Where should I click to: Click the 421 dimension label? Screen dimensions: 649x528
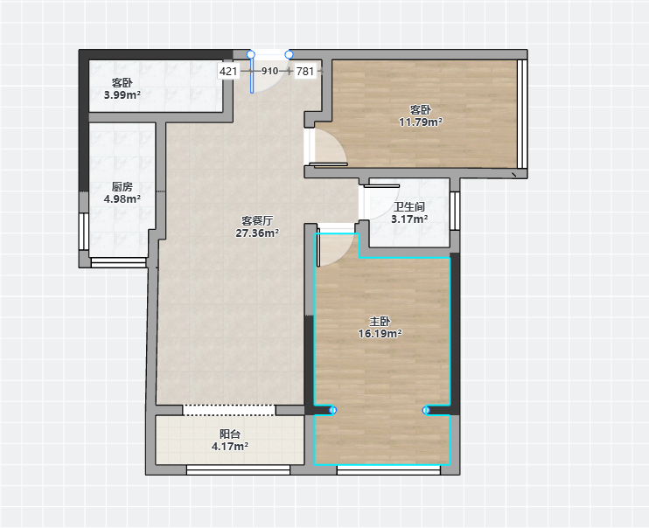[x=228, y=71]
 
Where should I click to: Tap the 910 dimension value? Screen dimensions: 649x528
[x=270, y=71]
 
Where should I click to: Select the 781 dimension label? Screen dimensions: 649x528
[x=305, y=71]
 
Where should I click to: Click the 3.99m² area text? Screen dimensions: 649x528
[x=122, y=94]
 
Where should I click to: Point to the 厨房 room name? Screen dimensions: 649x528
[x=122, y=187]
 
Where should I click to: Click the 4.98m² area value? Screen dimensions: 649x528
[x=122, y=199]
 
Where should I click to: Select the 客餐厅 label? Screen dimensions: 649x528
[x=257, y=221]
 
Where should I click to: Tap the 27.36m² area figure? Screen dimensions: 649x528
[x=257, y=233]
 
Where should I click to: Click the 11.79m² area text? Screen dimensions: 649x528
[x=421, y=122]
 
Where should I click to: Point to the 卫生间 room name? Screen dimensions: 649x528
[x=409, y=207]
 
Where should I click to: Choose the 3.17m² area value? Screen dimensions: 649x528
[x=409, y=219]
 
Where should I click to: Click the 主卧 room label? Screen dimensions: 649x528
[x=380, y=322]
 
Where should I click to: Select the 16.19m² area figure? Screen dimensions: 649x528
[x=380, y=334]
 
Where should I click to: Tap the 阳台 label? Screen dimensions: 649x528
[x=230, y=434]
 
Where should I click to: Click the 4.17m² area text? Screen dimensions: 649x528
[x=230, y=446]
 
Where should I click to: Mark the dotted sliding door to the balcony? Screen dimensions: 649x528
[x=229, y=410]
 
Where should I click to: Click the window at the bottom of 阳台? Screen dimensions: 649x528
[x=238, y=469]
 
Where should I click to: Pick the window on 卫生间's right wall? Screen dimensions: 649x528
[x=455, y=211]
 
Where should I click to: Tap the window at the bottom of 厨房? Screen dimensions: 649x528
[x=118, y=262]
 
